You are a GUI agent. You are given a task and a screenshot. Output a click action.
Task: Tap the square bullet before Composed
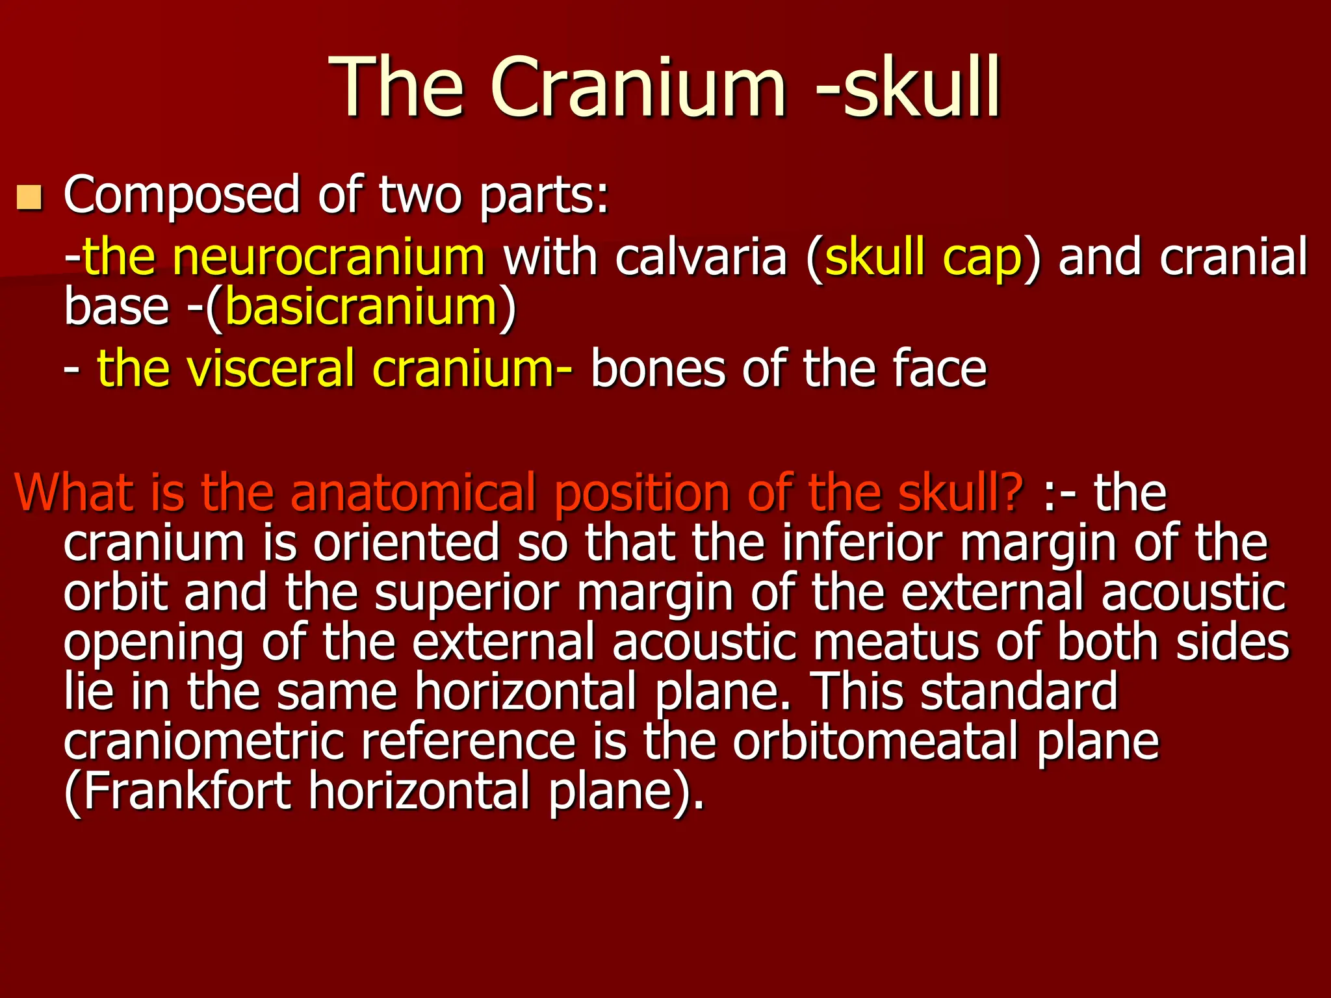coord(29,198)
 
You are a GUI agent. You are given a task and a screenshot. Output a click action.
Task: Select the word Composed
coord(181,196)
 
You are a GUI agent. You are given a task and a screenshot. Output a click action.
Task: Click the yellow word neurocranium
coord(328,257)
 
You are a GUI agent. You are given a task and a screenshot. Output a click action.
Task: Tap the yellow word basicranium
coord(361,307)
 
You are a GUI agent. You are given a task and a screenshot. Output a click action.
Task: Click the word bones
coord(657,368)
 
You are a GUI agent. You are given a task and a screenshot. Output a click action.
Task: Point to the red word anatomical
coord(413,494)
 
